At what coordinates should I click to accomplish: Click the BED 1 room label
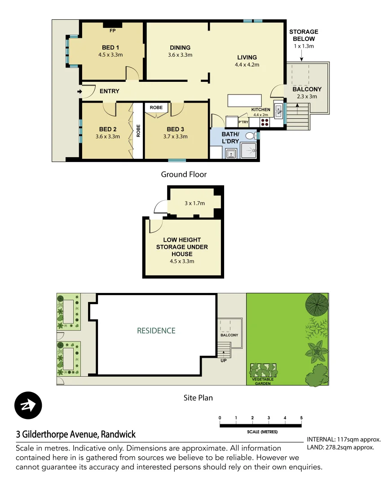[x=110, y=47]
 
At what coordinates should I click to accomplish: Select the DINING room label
[x=180, y=48]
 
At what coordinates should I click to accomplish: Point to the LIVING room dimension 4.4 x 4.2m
[x=247, y=64]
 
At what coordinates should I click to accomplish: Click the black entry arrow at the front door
[x=80, y=92]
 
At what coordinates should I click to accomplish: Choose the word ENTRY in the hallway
[x=110, y=91]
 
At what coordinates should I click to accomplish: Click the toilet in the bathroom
[x=251, y=135]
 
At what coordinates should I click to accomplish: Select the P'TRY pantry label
[x=243, y=122]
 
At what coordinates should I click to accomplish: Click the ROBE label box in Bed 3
[x=156, y=108]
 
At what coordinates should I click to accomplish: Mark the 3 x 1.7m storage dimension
[x=194, y=203]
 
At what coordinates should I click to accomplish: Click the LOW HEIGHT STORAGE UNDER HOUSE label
[x=182, y=247]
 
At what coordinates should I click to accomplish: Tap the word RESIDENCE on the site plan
[x=156, y=331]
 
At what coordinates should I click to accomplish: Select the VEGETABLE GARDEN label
[x=263, y=382]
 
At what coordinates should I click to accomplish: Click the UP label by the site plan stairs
[x=223, y=360]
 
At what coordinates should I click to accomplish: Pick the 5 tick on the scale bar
[x=301, y=418]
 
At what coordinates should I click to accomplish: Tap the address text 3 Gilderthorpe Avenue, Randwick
[x=76, y=435]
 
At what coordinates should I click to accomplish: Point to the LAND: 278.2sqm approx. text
[x=340, y=447]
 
